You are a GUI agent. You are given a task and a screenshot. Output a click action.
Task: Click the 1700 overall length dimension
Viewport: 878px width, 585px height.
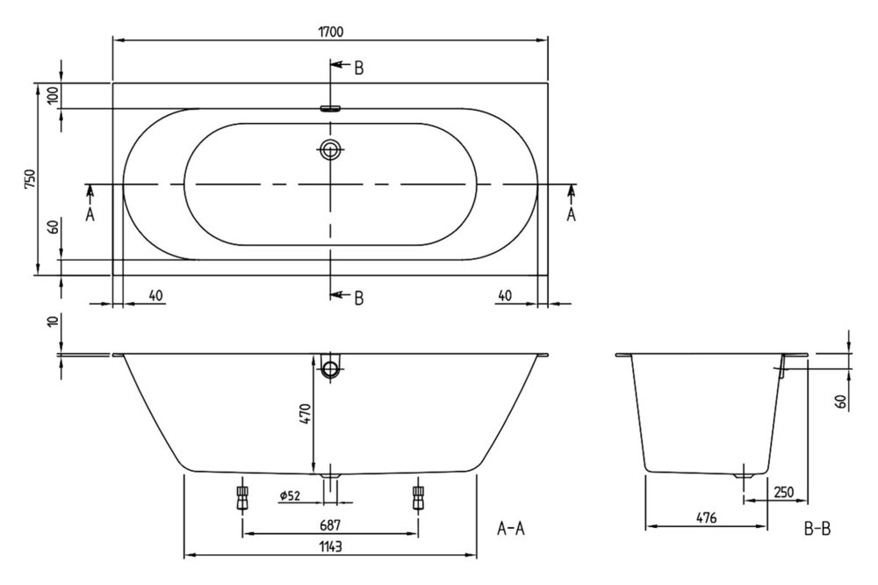(331, 32)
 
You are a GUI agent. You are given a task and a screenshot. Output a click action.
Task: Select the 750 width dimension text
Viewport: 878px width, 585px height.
(30, 179)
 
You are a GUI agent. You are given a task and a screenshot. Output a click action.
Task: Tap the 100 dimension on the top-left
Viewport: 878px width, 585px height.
(54, 96)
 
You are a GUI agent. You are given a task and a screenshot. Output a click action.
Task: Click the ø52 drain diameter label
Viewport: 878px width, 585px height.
(290, 495)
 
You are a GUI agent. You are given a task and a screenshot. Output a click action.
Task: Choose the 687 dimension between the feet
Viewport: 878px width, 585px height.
(330, 525)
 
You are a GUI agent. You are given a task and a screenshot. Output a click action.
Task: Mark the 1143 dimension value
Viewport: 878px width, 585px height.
(330, 546)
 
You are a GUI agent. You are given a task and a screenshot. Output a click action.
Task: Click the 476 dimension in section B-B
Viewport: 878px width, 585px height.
(706, 518)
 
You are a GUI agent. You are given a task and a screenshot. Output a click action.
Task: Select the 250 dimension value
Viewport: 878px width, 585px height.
(783, 492)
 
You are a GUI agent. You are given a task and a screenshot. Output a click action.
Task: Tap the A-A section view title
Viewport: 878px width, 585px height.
(511, 529)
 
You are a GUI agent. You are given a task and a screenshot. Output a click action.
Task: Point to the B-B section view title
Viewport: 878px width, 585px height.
(817, 529)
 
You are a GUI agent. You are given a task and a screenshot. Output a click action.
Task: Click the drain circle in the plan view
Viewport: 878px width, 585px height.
(330, 149)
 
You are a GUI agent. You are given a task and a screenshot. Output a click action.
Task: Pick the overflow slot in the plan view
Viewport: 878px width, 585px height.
(330, 109)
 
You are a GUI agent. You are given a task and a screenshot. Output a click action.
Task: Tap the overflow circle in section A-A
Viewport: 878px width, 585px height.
(330, 369)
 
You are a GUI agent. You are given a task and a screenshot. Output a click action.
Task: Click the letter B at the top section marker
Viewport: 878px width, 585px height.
(359, 69)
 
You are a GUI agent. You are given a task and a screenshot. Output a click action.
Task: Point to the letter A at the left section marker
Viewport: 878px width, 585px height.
(90, 214)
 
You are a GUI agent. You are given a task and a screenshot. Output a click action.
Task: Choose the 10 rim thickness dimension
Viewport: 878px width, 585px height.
(54, 321)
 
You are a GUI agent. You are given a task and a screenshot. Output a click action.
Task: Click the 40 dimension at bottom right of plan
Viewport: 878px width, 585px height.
(505, 295)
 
